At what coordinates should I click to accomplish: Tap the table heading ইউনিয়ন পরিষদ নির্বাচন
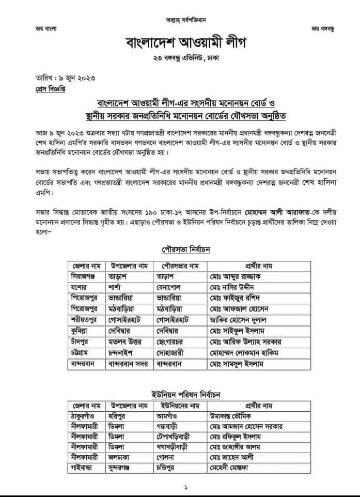[x=180, y=395]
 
